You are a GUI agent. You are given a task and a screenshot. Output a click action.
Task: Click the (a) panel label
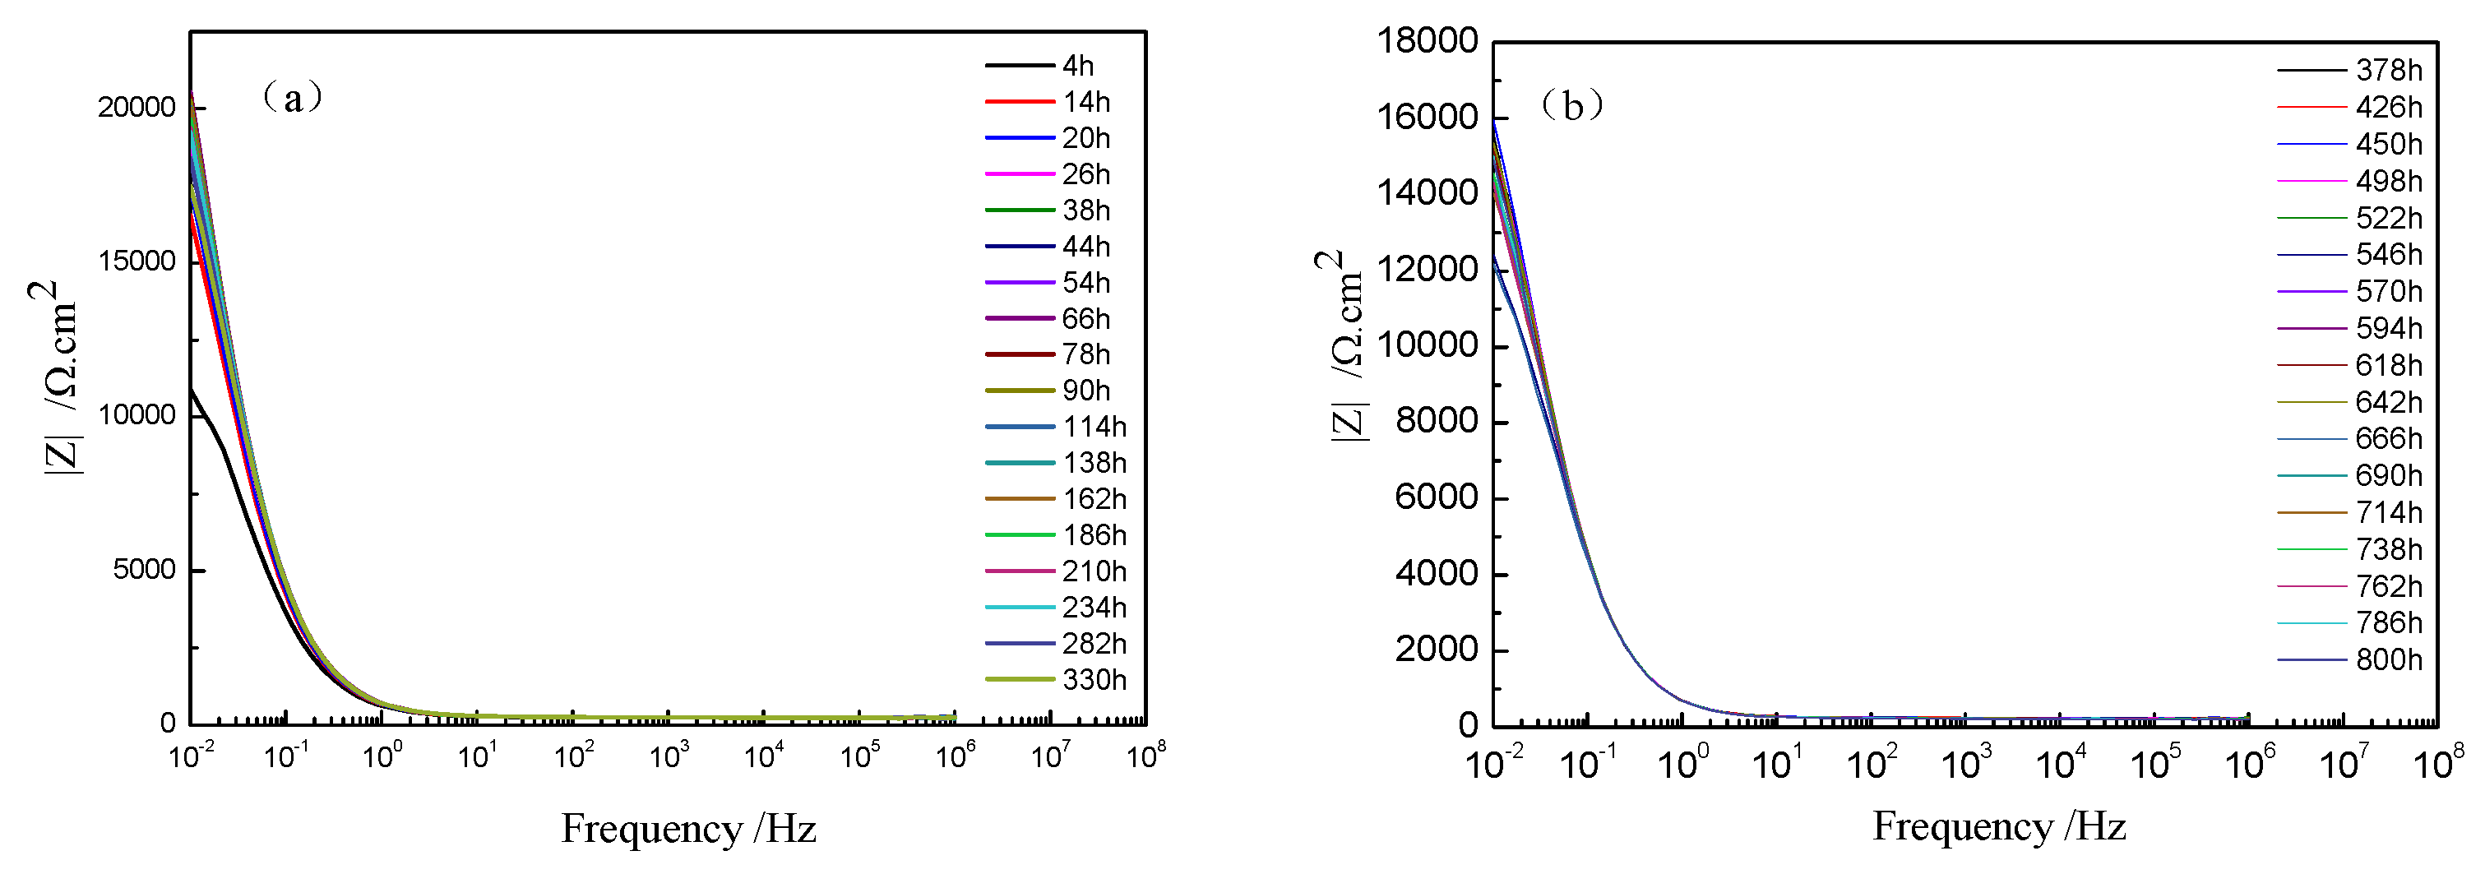pos(291,96)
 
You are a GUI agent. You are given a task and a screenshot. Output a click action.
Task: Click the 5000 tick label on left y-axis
pos(144,569)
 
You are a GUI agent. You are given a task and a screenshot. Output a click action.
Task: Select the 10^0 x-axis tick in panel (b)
pos(1682,763)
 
